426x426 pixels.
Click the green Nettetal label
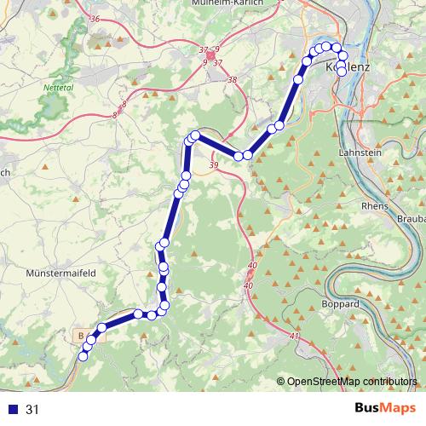click(59, 87)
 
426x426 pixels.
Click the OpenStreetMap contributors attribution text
click(353, 381)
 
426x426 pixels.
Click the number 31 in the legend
click(33, 410)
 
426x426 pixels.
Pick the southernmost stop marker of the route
click(83, 357)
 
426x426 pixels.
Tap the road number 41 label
click(295, 338)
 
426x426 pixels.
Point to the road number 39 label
click(213, 164)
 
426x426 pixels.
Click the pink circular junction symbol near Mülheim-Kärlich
click(210, 55)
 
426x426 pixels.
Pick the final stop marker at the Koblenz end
click(343, 72)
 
